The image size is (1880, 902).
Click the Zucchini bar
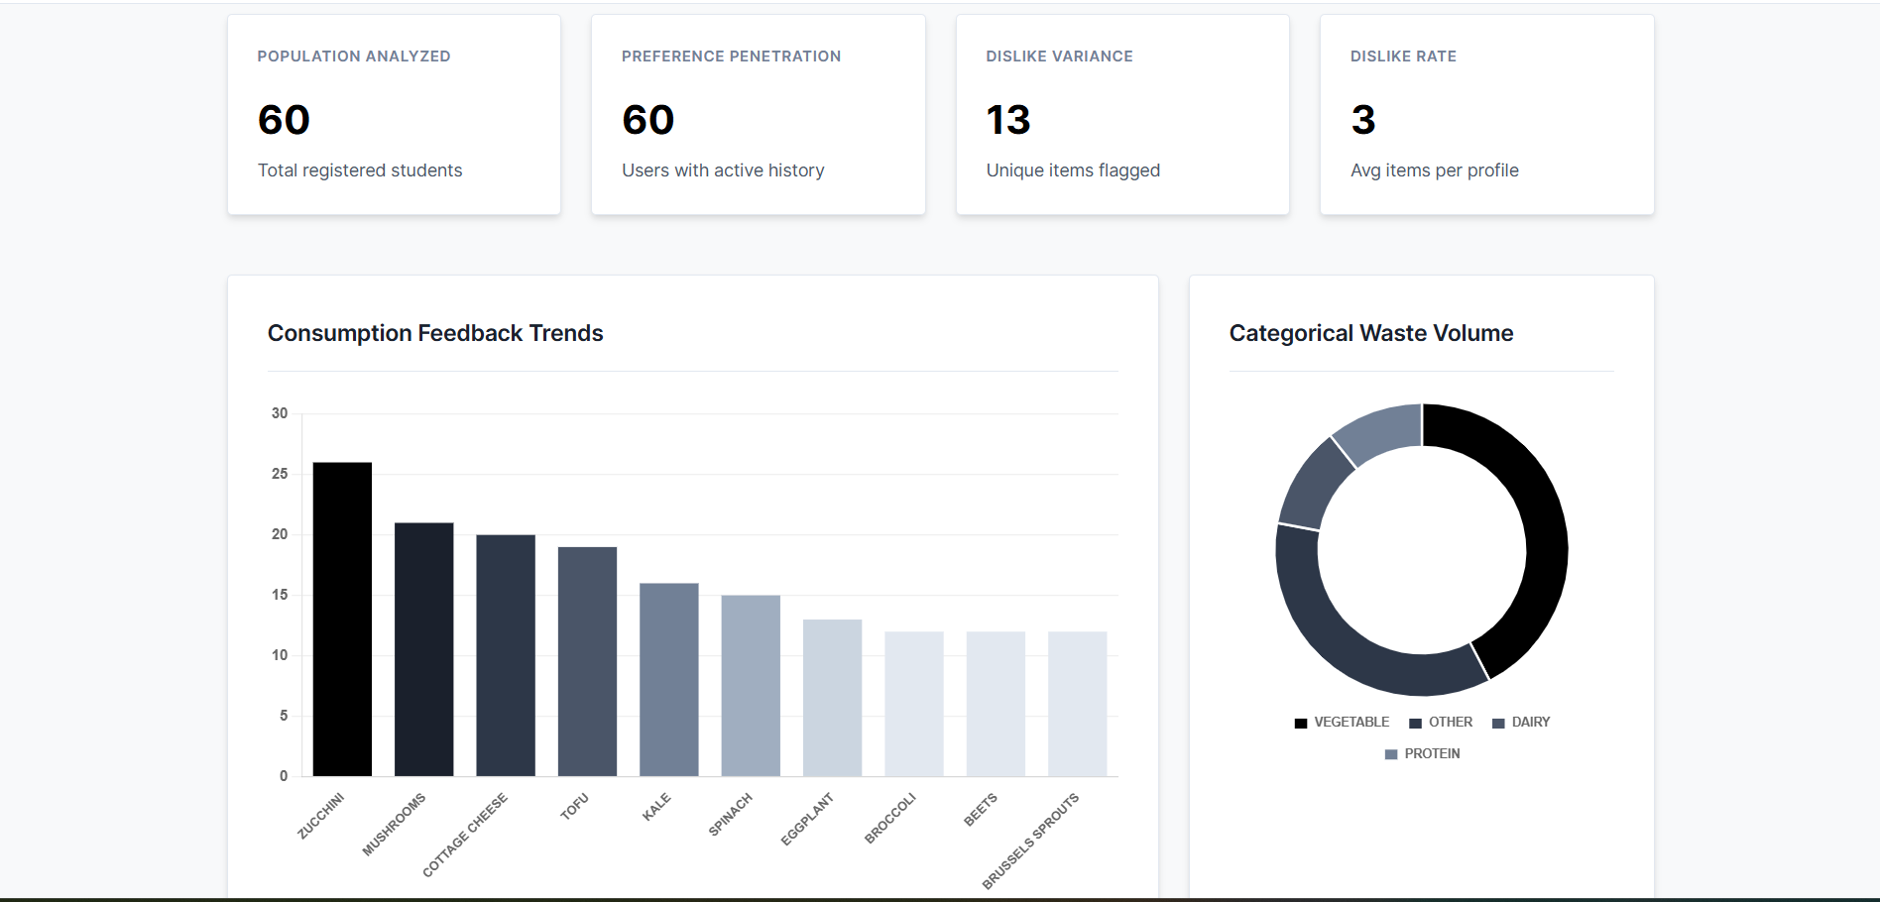point(342,619)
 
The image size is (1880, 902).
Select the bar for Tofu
point(587,661)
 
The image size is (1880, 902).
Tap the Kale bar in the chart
point(668,679)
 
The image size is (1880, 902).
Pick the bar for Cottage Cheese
point(506,655)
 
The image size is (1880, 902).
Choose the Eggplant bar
point(832,698)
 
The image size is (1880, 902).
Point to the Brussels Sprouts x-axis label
point(1031,841)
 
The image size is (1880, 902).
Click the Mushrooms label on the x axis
point(395,824)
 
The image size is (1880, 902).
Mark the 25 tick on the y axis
point(280,474)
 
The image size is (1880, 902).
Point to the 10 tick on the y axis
point(280,655)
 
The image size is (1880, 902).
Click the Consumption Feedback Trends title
point(435,333)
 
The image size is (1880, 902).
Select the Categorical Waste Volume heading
point(1370,333)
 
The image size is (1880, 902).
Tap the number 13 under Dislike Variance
point(1008,120)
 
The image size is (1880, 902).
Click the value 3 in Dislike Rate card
point(1363,120)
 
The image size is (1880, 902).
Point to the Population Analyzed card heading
point(354,56)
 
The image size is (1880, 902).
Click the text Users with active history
point(723,170)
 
